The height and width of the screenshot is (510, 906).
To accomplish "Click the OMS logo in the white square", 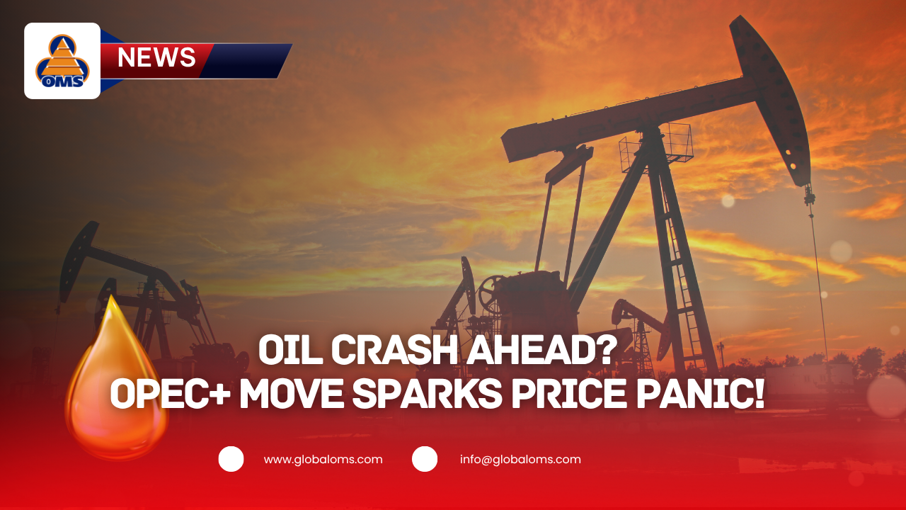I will (62, 61).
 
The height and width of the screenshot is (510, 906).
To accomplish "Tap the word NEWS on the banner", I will (156, 57).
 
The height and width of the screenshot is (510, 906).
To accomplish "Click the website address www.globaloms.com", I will (323, 459).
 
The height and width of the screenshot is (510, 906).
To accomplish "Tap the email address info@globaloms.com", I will (520, 459).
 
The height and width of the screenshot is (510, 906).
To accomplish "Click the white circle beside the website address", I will (231, 459).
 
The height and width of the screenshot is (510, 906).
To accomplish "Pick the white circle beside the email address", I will (425, 459).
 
